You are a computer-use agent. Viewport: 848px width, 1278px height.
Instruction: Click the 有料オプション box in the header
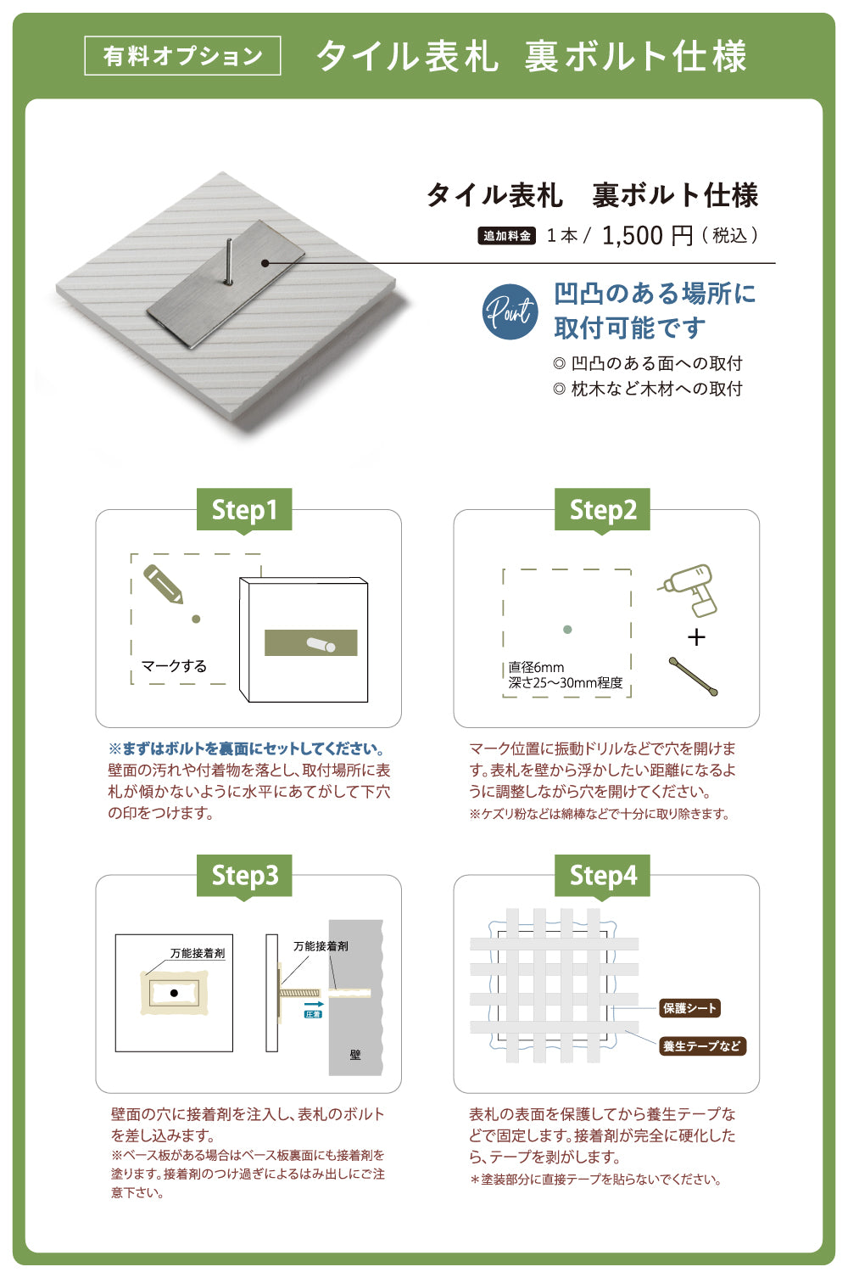[182, 56]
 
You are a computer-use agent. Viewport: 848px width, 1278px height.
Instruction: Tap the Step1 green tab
[244, 509]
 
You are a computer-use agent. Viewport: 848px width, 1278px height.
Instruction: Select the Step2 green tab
[602, 509]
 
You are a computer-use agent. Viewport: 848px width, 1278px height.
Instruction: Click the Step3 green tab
[244, 876]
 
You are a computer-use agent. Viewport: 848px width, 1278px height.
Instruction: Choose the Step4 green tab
[602, 876]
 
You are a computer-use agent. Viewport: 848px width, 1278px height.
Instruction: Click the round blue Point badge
[510, 311]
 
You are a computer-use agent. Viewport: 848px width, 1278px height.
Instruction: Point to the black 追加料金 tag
[506, 236]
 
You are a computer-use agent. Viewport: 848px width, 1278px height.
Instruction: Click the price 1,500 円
[647, 235]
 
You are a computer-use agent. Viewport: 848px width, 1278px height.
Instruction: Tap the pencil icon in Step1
[164, 584]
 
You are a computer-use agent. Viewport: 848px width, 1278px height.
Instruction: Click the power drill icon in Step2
[688, 591]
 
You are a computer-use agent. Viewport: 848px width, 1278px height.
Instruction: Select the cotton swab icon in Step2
[693, 676]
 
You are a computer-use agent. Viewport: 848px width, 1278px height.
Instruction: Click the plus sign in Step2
[696, 636]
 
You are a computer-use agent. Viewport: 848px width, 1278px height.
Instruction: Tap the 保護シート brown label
[689, 1008]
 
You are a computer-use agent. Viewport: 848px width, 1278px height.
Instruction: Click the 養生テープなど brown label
[702, 1045]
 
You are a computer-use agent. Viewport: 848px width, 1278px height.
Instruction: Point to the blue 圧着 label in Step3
[313, 1014]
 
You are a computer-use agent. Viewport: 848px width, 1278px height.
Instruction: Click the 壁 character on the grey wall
[355, 1055]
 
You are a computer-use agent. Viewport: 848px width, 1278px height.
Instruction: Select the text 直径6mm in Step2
[536, 667]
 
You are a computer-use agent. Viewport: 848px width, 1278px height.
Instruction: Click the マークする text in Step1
[174, 666]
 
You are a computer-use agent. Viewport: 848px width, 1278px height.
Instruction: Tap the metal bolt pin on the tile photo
[229, 261]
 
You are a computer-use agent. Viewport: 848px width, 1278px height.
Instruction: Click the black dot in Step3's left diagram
[174, 994]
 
